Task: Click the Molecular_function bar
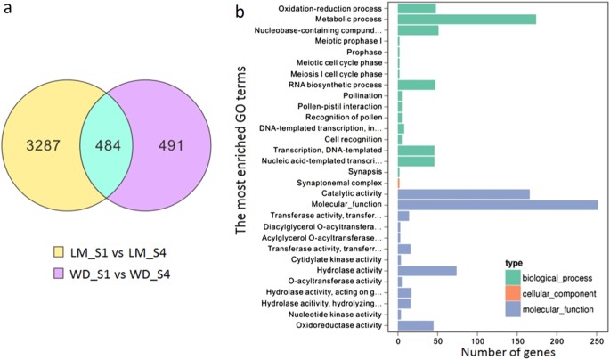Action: tap(498, 204)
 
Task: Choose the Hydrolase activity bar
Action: tap(427, 270)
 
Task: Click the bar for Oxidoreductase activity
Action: tap(415, 325)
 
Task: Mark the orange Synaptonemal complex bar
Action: tap(399, 183)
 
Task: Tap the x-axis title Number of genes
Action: tap(497, 352)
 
